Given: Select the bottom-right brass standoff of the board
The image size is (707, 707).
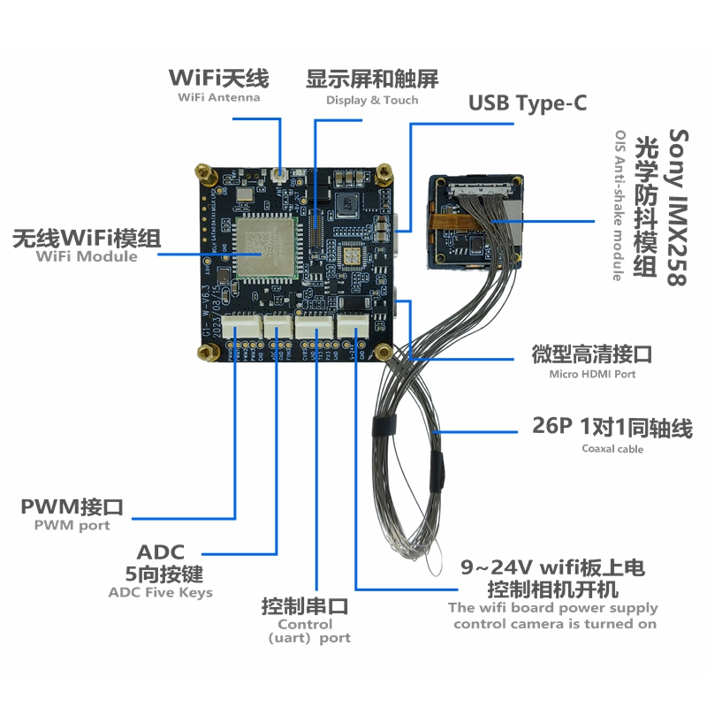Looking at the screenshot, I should click(x=384, y=352).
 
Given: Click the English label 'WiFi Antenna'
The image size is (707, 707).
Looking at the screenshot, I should click(x=219, y=97).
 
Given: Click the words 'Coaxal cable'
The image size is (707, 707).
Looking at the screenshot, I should click(x=612, y=449).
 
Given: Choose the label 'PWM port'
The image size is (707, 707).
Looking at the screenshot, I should click(x=72, y=525).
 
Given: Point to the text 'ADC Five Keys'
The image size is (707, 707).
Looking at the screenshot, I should click(x=160, y=592).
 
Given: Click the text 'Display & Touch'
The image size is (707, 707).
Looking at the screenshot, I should click(x=372, y=100).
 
